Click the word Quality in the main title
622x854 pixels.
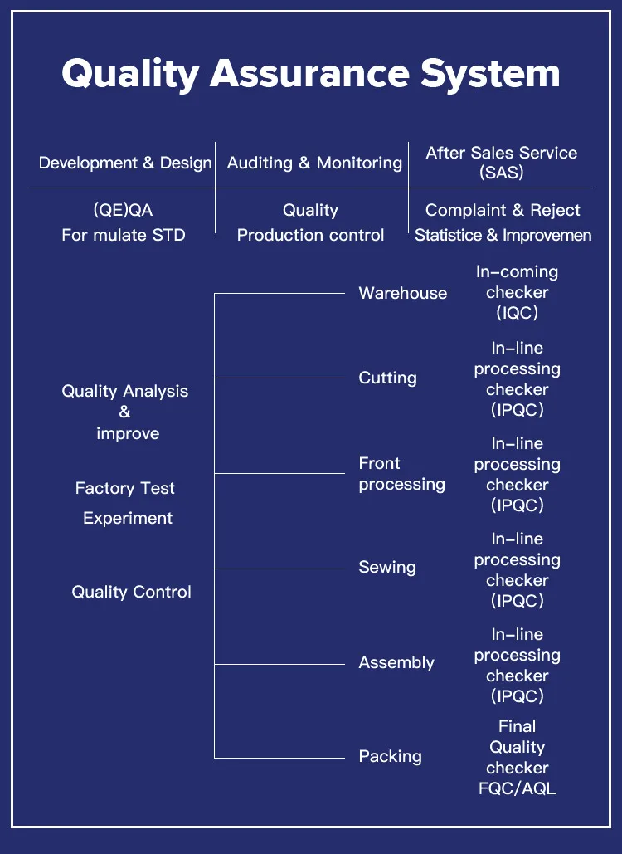(x=130, y=74)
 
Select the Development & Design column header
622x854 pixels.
(x=125, y=163)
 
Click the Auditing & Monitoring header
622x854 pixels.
(x=314, y=163)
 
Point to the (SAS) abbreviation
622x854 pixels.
(x=501, y=173)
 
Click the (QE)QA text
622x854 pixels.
(x=123, y=210)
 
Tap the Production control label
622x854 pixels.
(x=310, y=235)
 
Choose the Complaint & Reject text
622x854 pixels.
(x=503, y=210)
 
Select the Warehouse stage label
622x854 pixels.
(x=402, y=293)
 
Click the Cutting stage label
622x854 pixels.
(x=387, y=378)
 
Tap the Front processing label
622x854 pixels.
(x=401, y=473)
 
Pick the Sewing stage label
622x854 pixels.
(x=387, y=568)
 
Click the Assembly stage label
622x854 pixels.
(x=396, y=662)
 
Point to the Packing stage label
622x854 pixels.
(x=390, y=756)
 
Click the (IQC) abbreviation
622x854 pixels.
(x=517, y=313)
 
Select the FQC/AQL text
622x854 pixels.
(x=517, y=788)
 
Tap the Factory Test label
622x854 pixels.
(x=125, y=488)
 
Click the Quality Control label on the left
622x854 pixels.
(x=131, y=592)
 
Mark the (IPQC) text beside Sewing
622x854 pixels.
(x=517, y=600)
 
